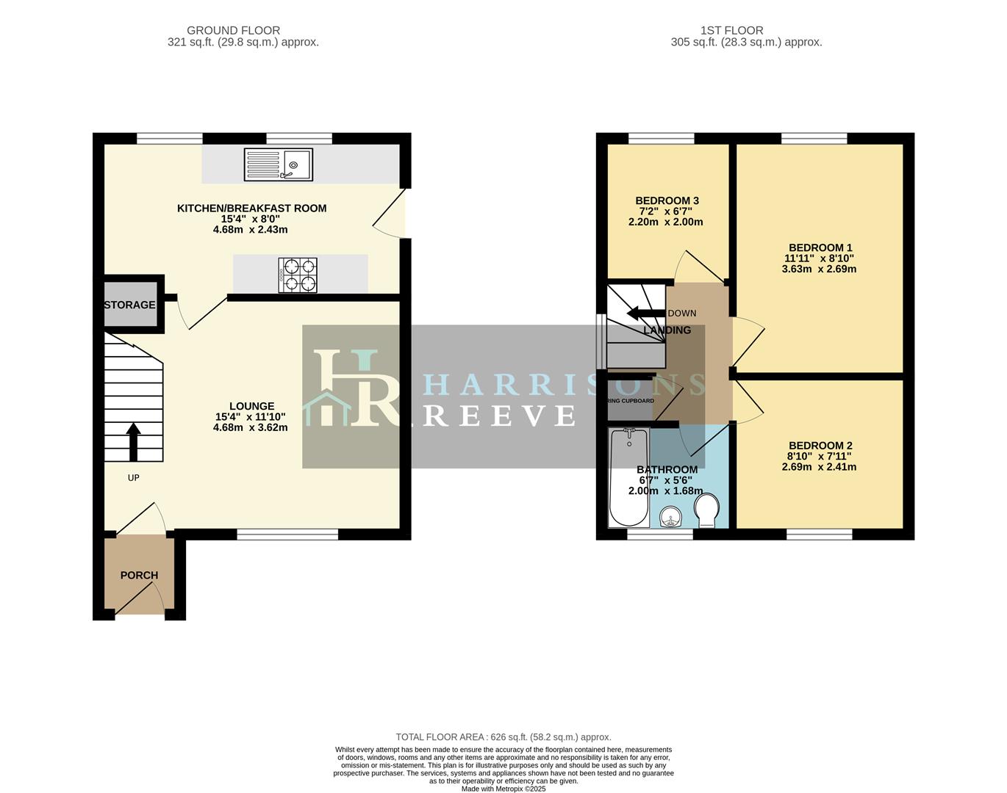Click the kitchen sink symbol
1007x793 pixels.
279,164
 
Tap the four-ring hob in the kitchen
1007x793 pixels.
298,275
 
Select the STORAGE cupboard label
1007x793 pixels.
129,305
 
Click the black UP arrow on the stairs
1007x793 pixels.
134,441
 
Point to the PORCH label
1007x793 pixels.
139,575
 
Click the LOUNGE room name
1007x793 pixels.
251,406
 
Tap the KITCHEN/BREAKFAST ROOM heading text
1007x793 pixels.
251,209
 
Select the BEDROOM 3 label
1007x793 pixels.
667,200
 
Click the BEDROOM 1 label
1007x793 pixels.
820,248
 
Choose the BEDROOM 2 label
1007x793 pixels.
820,446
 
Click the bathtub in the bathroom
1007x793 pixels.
628,477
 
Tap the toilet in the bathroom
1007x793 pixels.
706,510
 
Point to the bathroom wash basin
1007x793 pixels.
670,517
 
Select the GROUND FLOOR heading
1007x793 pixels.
233,31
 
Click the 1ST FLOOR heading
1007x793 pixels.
731,31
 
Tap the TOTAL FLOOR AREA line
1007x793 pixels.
503,737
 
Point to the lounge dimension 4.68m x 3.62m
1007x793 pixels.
250,427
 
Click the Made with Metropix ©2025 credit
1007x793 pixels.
503,789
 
